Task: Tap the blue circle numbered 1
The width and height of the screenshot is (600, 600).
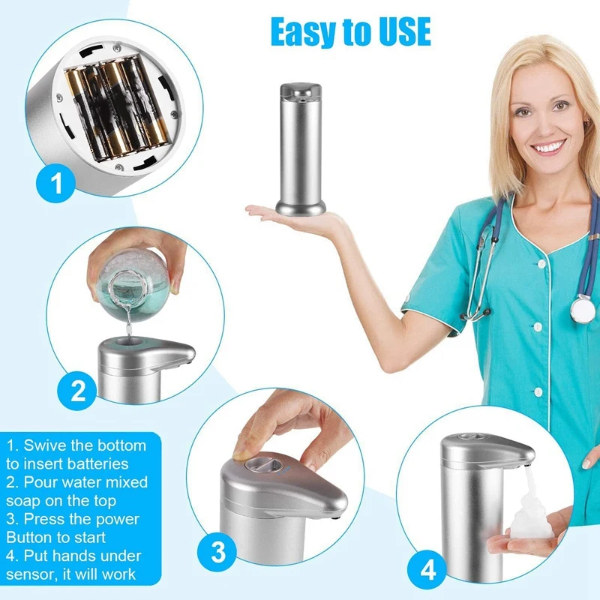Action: (55, 183)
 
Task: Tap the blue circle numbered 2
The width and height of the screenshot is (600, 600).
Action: (77, 391)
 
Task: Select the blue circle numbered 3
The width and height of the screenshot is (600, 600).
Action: (217, 552)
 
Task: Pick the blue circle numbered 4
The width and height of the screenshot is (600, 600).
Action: (427, 570)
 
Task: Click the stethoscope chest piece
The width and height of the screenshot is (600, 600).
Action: (583, 309)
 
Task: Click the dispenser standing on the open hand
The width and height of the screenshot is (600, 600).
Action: (301, 148)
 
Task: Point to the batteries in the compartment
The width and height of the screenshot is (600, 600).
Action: (118, 107)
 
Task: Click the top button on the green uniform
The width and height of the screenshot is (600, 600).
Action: (541, 264)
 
